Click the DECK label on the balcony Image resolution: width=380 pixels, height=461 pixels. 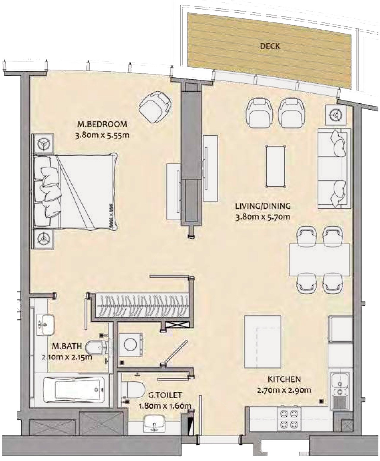[x=270, y=46]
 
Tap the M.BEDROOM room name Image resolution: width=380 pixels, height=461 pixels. [x=102, y=124]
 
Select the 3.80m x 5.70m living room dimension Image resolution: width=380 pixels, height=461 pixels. [x=263, y=217]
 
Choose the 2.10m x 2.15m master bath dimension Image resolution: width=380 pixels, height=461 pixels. [x=67, y=357]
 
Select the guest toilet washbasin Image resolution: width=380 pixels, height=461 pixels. [x=154, y=424]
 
